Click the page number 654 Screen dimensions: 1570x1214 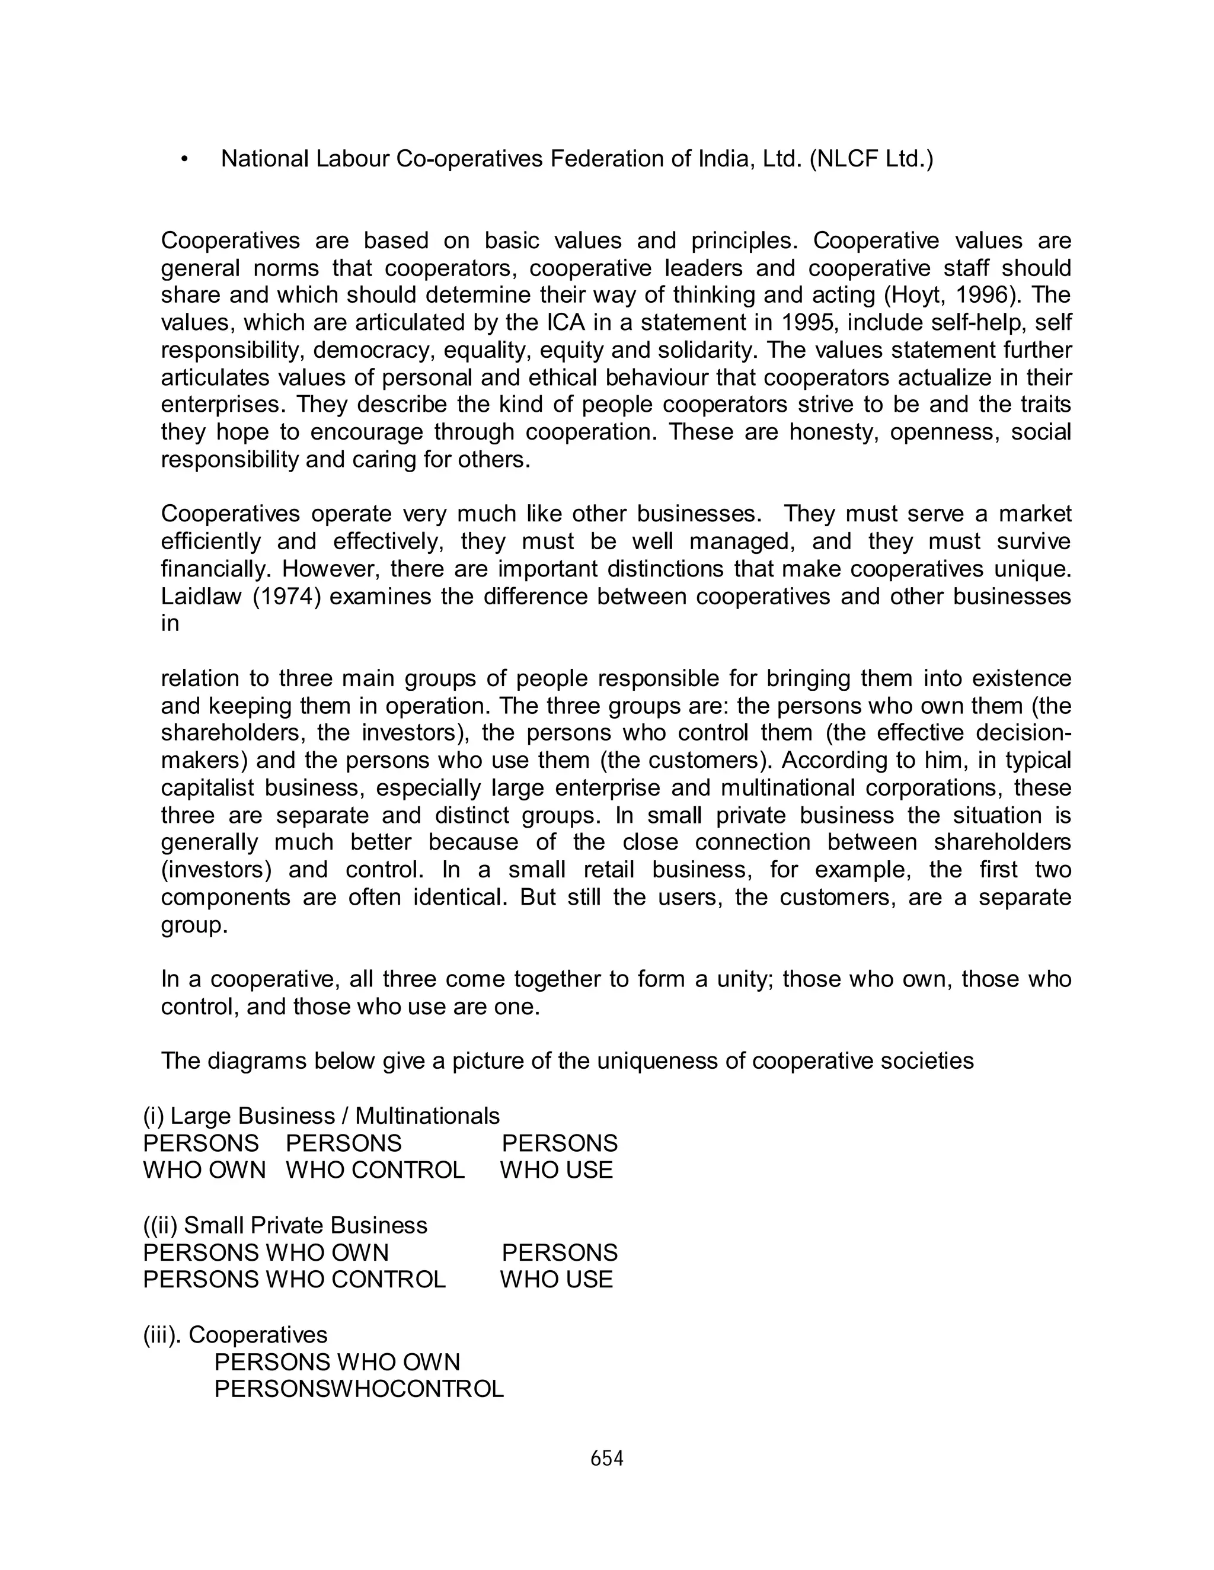coord(606,1459)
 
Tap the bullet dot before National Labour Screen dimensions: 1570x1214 coord(185,159)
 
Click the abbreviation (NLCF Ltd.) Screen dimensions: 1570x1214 coord(871,159)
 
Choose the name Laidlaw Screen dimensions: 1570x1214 coord(201,597)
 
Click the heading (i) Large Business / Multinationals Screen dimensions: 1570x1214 coord(321,1116)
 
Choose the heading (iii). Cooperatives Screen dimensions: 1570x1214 coord(235,1335)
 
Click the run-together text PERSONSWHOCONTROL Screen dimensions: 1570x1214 coord(359,1389)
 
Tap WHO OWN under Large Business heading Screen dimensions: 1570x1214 coord(205,1170)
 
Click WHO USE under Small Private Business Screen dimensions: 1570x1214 coord(556,1279)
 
